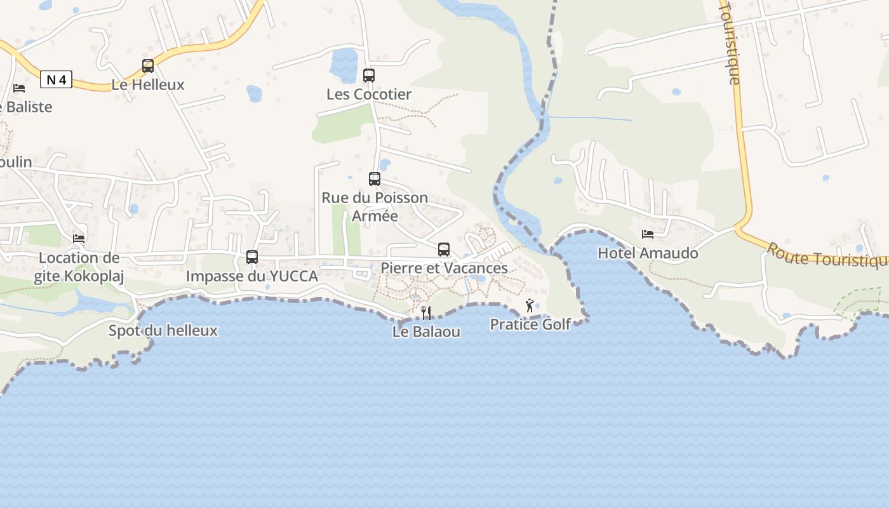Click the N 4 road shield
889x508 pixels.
(x=56, y=79)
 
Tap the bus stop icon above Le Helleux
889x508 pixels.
(x=148, y=65)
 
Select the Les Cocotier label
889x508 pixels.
(x=369, y=94)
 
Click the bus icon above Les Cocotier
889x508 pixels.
(x=369, y=76)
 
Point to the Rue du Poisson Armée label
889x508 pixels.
(x=375, y=206)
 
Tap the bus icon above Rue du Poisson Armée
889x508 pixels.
(x=375, y=179)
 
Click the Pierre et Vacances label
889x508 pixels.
(x=444, y=268)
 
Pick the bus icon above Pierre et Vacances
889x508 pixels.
(x=444, y=250)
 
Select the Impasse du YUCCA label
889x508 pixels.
(x=252, y=276)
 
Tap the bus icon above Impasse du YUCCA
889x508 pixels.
(x=252, y=257)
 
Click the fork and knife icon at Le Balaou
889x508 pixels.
(x=426, y=312)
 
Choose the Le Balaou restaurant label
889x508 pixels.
(x=426, y=331)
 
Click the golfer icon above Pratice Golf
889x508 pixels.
(x=530, y=306)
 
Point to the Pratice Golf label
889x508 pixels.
(x=530, y=324)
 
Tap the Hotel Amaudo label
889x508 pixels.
(x=648, y=253)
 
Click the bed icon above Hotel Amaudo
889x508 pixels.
(x=648, y=234)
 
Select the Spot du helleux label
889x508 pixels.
(x=163, y=330)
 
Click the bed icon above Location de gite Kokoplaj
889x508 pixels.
(x=79, y=239)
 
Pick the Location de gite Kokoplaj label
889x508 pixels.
(x=79, y=267)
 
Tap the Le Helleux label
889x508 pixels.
(x=148, y=84)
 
